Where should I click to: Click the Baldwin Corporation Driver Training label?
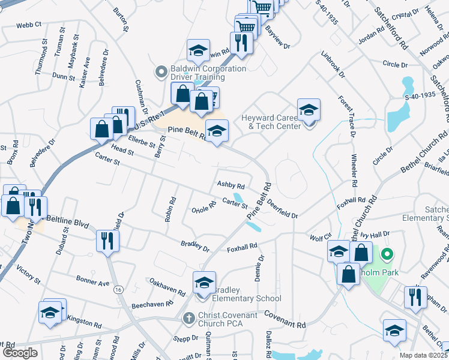pos(200,73)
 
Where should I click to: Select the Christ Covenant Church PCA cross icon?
pos(188,317)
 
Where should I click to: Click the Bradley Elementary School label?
pos(247,298)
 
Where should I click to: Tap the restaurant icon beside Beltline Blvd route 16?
pos(108,241)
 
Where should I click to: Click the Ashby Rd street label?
pos(231,187)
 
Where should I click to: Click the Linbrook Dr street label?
pos(333,65)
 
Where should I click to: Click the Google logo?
pos(20,353)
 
